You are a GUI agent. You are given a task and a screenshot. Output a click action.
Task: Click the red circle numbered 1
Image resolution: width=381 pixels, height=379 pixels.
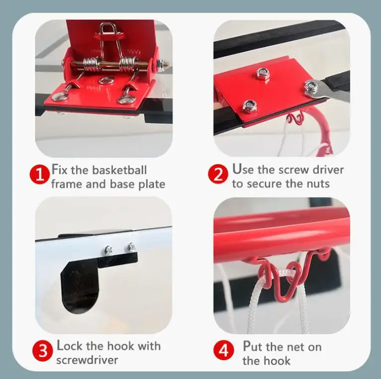pos(38,174)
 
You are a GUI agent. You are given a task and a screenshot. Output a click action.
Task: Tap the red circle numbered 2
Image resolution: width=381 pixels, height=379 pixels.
pos(218,174)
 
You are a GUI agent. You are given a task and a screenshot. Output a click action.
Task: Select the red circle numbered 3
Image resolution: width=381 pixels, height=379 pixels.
pos(42,351)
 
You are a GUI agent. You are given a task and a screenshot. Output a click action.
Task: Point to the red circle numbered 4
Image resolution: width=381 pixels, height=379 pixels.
pos(224,351)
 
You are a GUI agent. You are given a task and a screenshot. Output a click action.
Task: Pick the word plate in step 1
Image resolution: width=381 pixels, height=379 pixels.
pos(152,184)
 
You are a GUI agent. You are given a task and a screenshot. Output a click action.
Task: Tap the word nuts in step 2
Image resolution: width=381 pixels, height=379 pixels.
pos(318,184)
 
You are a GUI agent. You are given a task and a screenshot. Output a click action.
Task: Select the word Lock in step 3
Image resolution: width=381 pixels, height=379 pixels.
pos(69,346)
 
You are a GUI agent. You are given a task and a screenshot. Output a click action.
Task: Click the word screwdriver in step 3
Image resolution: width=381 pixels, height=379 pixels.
pos(87,360)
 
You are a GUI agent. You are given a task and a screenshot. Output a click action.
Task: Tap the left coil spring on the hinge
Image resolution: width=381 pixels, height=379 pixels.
pos(91,64)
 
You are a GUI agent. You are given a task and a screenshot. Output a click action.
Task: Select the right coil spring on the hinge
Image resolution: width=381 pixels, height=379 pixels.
pos(128,64)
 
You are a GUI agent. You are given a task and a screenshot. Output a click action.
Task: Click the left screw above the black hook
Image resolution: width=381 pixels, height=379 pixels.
pos(108,250)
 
